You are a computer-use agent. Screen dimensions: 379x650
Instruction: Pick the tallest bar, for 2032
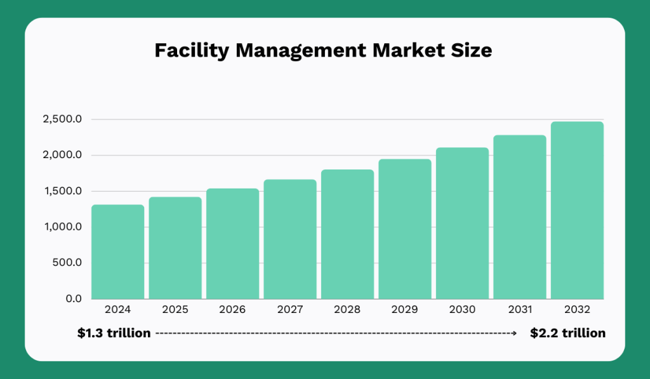click(x=577, y=210)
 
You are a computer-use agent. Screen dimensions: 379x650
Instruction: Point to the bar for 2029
click(x=405, y=229)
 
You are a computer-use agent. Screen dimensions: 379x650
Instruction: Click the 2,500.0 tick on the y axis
click(x=62, y=119)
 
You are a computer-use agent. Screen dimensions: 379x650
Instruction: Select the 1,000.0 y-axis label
click(x=62, y=227)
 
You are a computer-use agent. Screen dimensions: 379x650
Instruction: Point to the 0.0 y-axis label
click(x=73, y=298)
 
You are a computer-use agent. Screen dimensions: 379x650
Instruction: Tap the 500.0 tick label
click(x=69, y=263)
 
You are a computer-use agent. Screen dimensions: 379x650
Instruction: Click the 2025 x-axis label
click(x=175, y=310)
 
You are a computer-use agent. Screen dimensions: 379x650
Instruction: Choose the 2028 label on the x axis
click(x=347, y=310)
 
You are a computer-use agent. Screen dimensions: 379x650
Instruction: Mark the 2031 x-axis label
click(x=520, y=310)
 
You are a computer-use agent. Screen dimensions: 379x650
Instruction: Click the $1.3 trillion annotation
click(x=114, y=333)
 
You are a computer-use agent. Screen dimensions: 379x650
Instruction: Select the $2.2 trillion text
click(x=567, y=333)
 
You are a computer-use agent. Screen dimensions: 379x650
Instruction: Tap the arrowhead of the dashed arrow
click(x=514, y=333)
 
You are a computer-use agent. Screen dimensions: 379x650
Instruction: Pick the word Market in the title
click(x=398, y=51)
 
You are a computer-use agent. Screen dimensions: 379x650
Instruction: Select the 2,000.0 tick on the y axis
click(x=62, y=155)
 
